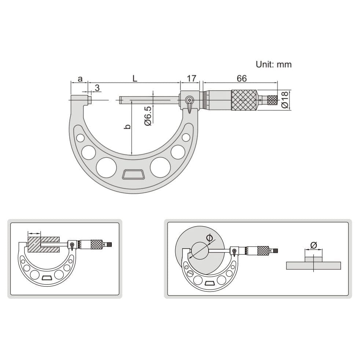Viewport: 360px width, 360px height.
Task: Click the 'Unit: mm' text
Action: point(273,65)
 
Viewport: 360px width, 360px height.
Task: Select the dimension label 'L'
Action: point(135,78)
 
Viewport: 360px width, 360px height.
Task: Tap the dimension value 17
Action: point(191,78)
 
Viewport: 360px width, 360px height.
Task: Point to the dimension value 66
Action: point(242,78)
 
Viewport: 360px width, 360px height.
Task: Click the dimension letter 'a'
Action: point(80,78)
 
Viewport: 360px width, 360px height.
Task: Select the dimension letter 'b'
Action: point(127,126)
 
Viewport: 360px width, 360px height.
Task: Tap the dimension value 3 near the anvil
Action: point(97,88)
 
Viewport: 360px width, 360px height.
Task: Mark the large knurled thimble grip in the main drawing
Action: point(243,100)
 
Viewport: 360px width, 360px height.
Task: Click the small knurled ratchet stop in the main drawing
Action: point(272,100)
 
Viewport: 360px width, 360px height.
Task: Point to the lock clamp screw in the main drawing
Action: point(189,100)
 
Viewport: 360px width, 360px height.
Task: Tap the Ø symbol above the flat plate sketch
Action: point(313,245)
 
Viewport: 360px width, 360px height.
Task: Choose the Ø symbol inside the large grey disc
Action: point(209,238)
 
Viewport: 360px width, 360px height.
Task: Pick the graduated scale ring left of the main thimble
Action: point(205,100)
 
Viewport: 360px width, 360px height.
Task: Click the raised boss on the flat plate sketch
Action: point(313,259)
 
